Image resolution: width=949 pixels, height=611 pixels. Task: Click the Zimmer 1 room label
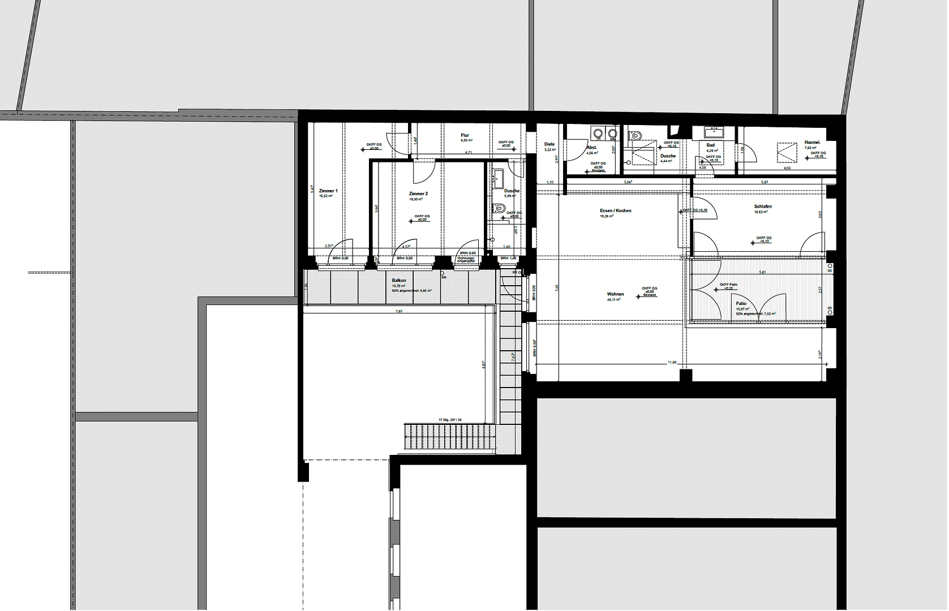(328, 191)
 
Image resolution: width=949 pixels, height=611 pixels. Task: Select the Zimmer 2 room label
(418, 194)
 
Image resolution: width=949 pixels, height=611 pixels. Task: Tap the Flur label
(465, 136)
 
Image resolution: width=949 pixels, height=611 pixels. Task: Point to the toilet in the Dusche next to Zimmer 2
(499, 209)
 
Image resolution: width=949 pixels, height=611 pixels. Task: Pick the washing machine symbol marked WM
(612, 134)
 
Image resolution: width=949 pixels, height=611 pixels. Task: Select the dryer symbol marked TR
(598, 134)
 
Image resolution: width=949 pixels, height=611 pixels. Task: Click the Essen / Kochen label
(615, 210)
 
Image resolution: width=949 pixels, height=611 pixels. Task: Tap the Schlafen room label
(762, 206)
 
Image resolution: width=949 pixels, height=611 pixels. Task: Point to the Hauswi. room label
(812, 143)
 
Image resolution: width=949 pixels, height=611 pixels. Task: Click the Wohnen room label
(615, 294)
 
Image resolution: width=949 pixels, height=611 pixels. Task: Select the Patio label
(741, 304)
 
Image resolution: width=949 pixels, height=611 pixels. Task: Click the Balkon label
(398, 281)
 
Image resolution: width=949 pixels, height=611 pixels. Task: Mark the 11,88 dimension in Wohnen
(672, 362)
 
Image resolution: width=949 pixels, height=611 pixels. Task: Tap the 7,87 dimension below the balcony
(398, 311)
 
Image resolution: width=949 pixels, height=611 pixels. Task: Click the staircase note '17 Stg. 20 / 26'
(450, 420)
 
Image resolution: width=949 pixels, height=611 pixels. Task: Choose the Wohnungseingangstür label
(466, 260)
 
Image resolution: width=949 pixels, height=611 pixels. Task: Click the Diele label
(549, 144)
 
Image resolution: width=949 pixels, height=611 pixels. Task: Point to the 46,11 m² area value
(614, 300)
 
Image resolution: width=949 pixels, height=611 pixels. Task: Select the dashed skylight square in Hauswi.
(787, 153)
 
